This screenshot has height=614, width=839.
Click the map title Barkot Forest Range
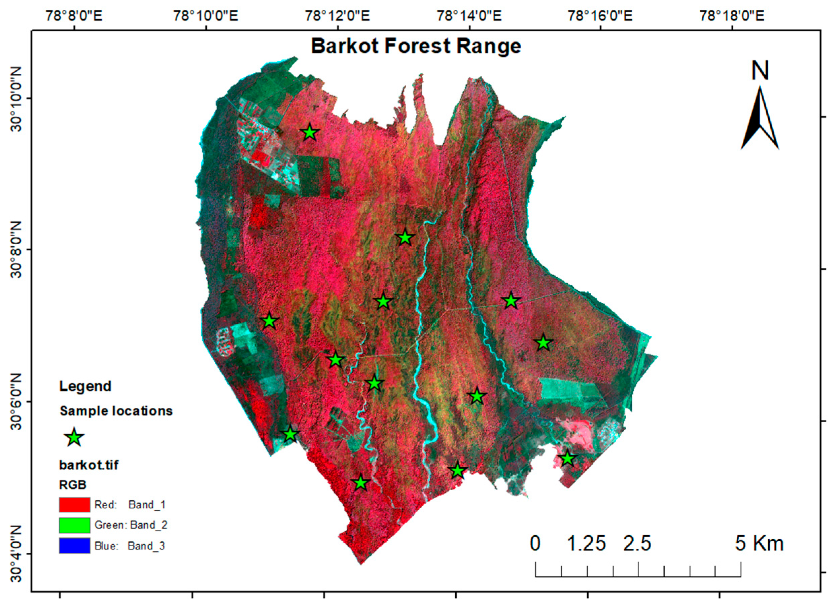click(x=416, y=46)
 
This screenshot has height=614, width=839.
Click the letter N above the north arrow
click(x=760, y=71)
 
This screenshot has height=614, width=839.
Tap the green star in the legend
click(x=74, y=437)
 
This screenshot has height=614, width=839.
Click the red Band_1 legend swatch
click(x=74, y=505)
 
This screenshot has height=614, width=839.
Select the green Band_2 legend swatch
click(x=74, y=525)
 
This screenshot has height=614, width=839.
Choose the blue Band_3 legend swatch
click(x=74, y=546)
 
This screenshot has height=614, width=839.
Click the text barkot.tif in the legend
click(x=89, y=465)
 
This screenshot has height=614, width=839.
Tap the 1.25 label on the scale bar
click(x=586, y=543)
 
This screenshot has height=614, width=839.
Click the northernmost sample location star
click(x=310, y=133)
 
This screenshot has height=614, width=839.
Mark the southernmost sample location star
click(x=360, y=483)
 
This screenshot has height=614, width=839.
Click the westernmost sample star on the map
click(x=269, y=321)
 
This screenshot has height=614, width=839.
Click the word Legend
click(x=85, y=386)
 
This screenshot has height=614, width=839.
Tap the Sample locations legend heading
click(x=116, y=411)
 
